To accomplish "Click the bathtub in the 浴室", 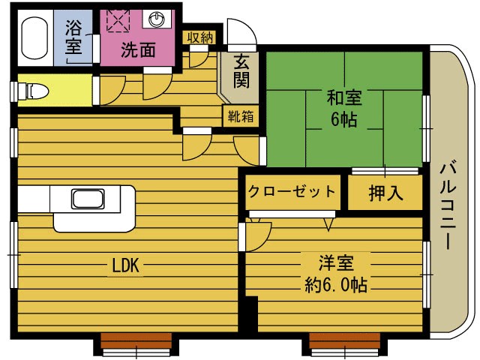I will [x=34, y=37].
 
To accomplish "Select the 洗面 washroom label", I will [x=138, y=50].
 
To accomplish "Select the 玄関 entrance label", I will [x=241, y=72].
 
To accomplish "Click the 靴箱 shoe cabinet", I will [x=241, y=116].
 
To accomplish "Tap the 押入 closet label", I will [x=385, y=193].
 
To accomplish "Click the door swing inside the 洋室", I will [x=257, y=236].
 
